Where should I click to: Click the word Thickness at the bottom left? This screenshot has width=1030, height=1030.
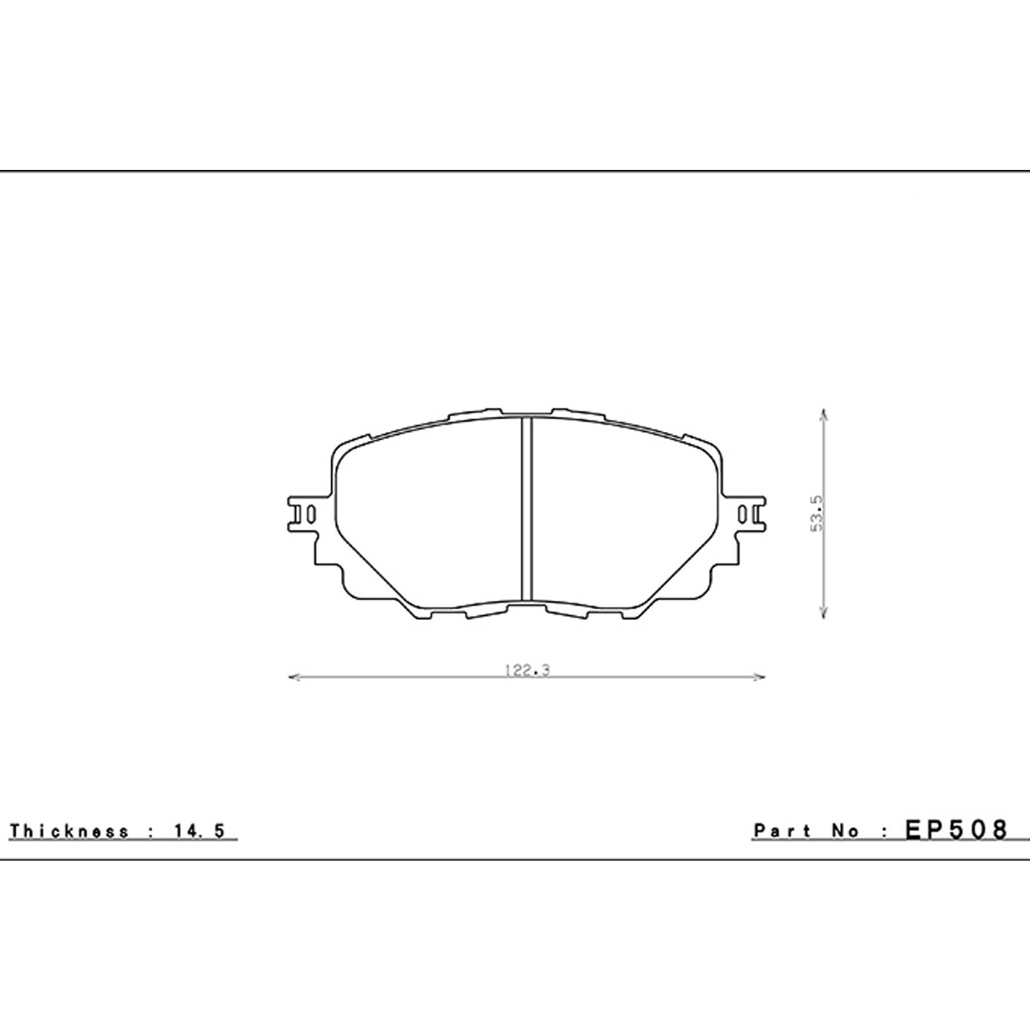click(x=69, y=831)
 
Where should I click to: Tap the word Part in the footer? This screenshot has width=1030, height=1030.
click(x=783, y=831)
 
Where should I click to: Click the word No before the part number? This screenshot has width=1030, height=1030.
click(x=844, y=831)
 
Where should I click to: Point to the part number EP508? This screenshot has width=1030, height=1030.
click(x=955, y=830)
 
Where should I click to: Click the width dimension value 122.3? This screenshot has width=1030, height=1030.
click(x=527, y=670)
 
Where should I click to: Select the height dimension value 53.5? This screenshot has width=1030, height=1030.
click(x=817, y=513)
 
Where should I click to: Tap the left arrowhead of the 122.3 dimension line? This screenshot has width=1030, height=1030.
click(x=295, y=677)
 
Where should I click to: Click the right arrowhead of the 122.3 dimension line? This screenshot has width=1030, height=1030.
click(x=759, y=677)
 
